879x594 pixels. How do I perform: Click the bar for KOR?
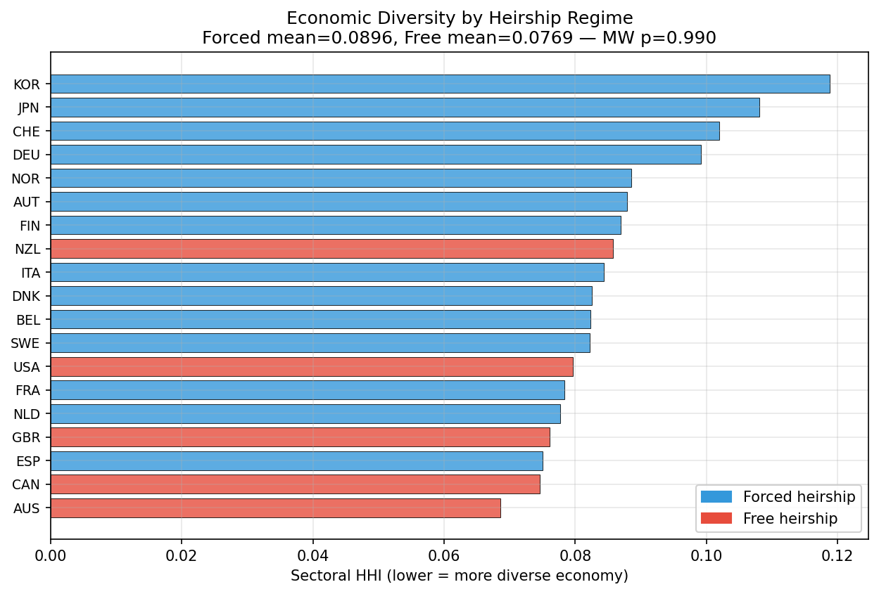click(440, 84)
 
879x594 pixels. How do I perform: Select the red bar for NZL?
click(331, 249)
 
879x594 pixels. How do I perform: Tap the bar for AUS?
click(275, 508)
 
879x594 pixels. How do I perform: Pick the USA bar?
click(312, 366)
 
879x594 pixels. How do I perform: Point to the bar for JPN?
click(405, 108)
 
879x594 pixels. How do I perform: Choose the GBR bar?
click(300, 437)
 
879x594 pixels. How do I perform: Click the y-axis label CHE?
click(26, 131)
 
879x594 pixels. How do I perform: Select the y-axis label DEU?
click(26, 155)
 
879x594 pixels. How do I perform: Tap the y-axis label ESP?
click(27, 461)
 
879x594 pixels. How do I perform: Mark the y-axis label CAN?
click(26, 484)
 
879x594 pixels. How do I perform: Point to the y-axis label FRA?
click(27, 390)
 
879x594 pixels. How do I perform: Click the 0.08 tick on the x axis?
click(574, 555)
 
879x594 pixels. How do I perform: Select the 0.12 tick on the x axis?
click(837, 555)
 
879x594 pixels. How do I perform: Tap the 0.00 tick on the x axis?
click(51, 555)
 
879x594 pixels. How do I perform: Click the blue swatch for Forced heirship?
click(716, 497)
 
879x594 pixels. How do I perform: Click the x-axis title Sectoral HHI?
click(459, 576)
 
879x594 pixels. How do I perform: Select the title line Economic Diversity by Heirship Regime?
click(459, 18)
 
